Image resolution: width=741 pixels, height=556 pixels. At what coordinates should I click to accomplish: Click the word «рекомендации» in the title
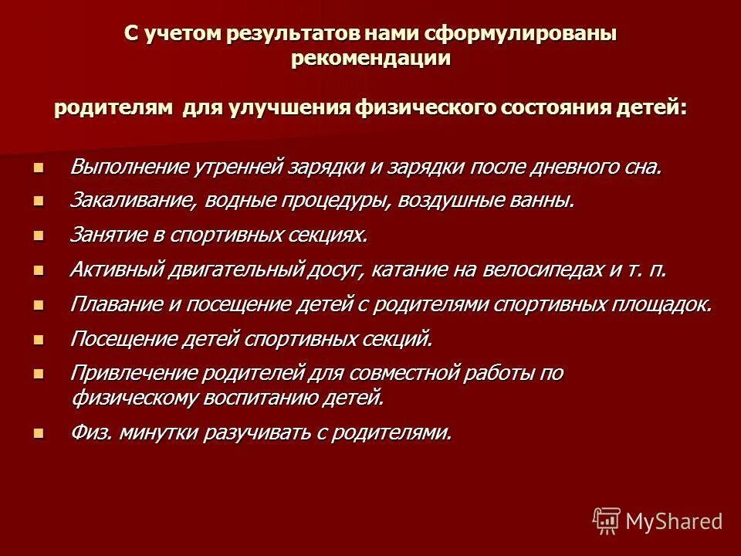pyautogui.click(x=370, y=60)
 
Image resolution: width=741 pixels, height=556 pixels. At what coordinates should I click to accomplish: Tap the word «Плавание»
pyautogui.click(x=115, y=304)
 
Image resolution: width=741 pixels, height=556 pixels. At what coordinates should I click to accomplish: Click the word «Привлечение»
pyautogui.click(x=131, y=373)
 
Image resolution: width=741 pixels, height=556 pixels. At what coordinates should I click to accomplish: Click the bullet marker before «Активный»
pyautogui.click(x=39, y=270)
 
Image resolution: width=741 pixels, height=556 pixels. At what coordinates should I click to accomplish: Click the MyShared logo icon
pyautogui.click(x=607, y=520)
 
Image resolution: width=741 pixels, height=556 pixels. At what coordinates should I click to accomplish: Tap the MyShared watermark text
pyautogui.click(x=674, y=521)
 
